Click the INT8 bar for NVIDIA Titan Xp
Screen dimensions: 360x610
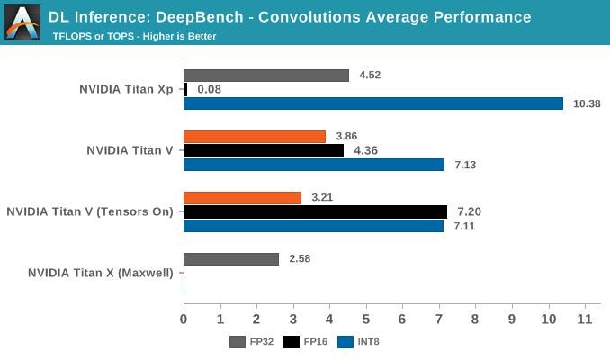click(373, 103)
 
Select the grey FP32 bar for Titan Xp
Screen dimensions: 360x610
click(266, 76)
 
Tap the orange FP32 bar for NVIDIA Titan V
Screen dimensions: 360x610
click(255, 137)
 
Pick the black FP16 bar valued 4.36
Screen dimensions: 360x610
click(264, 151)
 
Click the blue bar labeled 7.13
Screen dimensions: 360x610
click(314, 165)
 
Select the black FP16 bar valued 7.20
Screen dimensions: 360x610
click(315, 211)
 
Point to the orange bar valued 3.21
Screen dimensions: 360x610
click(243, 198)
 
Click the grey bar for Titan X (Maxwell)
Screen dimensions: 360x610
click(231, 259)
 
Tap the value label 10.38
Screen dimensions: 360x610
click(587, 104)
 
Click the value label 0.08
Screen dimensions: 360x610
click(209, 90)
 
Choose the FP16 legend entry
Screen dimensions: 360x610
click(304, 342)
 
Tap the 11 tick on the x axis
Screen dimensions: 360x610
click(585, 319)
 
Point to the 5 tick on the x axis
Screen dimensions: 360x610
click(366, 319)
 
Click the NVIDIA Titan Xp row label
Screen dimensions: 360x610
click(126, 89)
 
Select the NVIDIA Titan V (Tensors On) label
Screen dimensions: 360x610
click(89, 211)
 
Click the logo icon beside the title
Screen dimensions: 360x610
click(22, 22)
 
